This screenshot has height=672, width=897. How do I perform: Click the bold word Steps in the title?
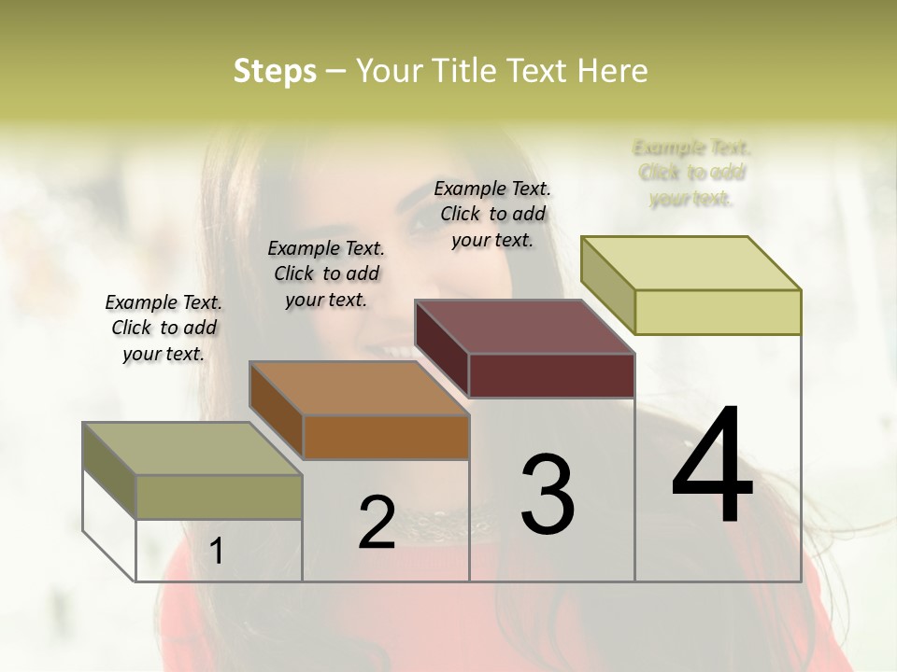pos(275,71)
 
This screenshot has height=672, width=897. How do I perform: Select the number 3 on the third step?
pos(548,495)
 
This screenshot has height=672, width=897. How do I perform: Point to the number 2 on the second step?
pos(377,522)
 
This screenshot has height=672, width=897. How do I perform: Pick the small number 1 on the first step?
pos(217,552)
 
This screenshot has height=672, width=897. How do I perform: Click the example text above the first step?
pos(164,328)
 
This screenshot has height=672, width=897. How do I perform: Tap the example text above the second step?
pos(326,273)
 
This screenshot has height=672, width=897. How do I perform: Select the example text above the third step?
pos(492,214)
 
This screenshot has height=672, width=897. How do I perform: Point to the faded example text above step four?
pos(691,173)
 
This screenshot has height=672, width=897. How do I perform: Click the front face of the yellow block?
pos(718,312)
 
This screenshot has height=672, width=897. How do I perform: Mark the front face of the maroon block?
pos(551,375)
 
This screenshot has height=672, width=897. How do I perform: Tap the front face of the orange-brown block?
pos(386,437)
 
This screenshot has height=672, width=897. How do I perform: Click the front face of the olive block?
pos(220,497)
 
